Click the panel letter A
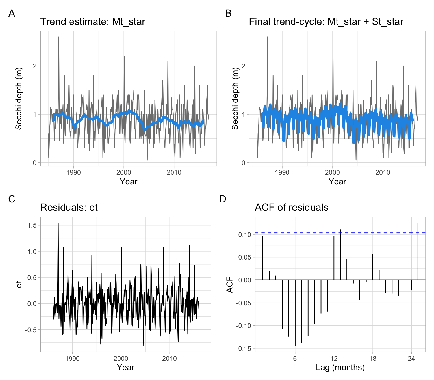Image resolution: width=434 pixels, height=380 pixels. [12, 13]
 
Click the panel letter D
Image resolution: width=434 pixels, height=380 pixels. [223, 199]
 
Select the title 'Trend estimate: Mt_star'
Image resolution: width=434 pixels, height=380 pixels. [93, 22]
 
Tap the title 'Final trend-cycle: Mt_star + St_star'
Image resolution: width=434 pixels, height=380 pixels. [326, 22]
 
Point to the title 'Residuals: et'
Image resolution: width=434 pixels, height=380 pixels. [69, 207]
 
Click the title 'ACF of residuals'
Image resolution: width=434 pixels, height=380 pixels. [291, 207]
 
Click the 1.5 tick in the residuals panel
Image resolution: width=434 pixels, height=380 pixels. [32, 225]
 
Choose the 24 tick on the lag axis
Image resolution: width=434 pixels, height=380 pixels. [411, 359]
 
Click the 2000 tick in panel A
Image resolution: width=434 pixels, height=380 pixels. [124, 172]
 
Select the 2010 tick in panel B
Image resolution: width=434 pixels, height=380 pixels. [383, 172]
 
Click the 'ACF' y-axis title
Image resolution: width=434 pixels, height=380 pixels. [230, 284]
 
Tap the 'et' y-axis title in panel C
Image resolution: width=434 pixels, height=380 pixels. [19, 284]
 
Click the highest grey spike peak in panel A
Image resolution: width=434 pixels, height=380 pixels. [59, 37]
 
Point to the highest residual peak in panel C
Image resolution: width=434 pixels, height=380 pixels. [58, 223]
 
